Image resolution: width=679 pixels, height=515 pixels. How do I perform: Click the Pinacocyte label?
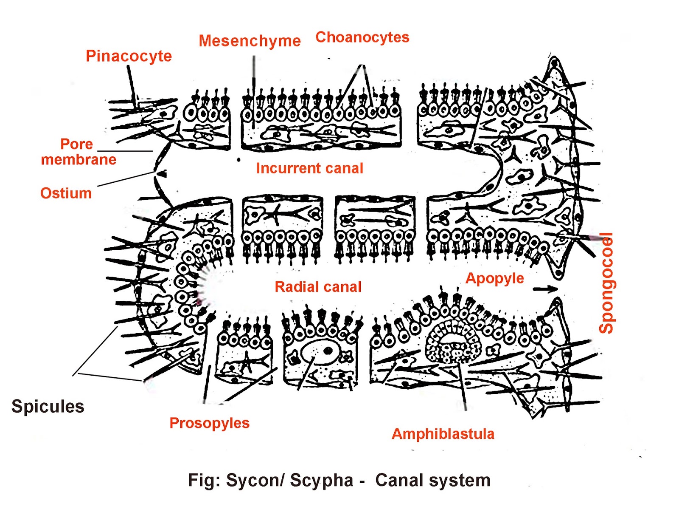[129, 56]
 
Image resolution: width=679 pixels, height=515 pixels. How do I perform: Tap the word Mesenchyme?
[250, 41]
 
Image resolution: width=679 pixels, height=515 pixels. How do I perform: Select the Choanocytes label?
[362, 37]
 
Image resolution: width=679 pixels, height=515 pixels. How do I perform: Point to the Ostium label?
[66, 193]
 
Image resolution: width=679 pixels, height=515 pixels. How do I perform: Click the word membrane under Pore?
[79, 160]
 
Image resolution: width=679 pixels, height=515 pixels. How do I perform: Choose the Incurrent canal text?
[309, 168]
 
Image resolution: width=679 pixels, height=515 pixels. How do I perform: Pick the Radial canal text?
[318, 287]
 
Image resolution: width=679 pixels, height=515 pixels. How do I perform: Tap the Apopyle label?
[494, 278]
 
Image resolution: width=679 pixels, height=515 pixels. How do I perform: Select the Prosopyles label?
[209, 423]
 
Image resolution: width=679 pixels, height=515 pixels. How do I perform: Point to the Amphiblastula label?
[443, 434]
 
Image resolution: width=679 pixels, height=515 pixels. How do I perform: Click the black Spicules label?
[48, 407]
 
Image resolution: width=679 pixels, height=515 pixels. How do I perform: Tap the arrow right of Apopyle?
[545, 289]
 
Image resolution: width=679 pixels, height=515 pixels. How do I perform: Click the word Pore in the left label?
[76, 144]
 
